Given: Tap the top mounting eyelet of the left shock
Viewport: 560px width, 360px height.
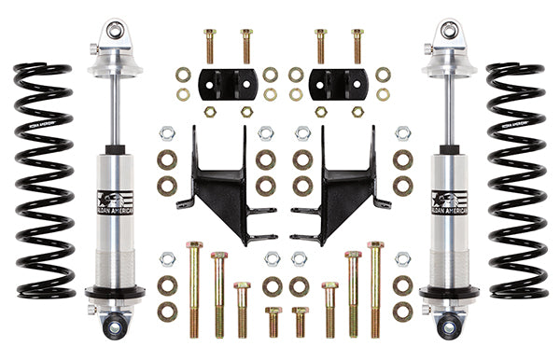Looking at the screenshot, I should [x=115, y=31].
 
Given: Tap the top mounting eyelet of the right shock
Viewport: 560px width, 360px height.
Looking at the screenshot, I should [x=446, y=31].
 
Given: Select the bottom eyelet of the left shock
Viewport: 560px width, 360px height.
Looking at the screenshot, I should [x=115, y=327].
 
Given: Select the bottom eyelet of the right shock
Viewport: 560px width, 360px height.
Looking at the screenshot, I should [x=446, y=327].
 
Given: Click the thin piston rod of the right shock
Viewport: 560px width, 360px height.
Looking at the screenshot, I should [x=446, y=112].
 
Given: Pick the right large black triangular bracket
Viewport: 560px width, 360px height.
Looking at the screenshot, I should [x=337, y=182].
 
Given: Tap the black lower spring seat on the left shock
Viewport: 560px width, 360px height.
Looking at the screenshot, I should [x=115, y=293].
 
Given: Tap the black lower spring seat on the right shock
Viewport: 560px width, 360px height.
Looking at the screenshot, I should [x=447, y=293].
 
